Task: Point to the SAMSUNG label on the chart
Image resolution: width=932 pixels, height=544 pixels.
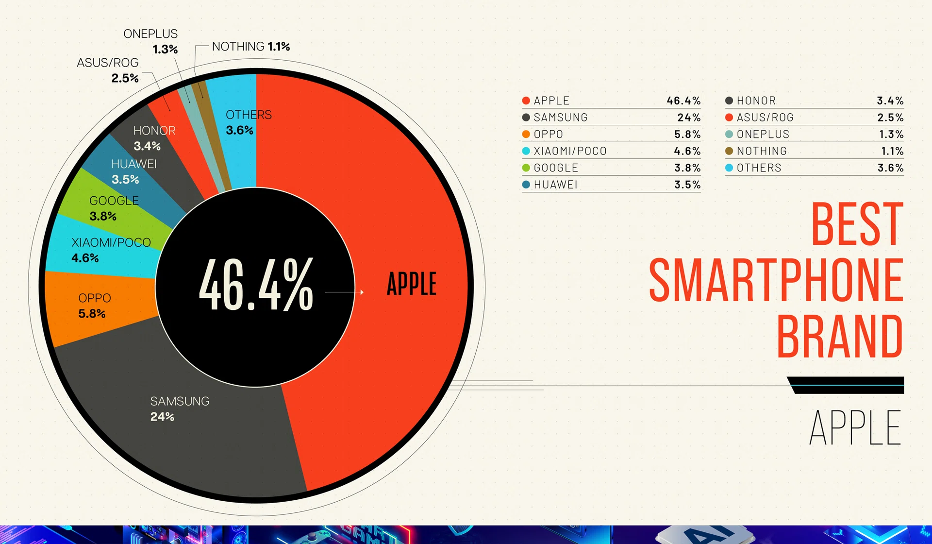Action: (180, 401)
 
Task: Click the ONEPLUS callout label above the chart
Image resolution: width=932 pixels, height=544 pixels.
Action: (150, 34)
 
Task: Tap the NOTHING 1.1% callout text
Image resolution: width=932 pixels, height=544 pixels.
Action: (250, 47)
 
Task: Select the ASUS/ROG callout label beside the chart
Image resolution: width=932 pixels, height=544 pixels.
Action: (108, 63)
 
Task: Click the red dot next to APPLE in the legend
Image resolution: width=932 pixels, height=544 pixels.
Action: (526, 101)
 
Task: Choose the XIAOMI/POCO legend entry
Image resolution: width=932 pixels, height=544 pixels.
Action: (570, 151)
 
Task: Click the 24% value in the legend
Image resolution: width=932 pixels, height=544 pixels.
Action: (688, 118)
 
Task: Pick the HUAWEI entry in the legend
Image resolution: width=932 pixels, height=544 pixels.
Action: (555, 185)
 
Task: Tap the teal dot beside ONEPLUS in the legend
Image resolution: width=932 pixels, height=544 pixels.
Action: (729, 134)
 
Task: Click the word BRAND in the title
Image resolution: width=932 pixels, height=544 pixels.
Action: (839, 336)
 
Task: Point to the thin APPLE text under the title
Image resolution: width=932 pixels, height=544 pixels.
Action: (855, 427)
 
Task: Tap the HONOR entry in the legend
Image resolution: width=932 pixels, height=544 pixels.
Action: (756, 101)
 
